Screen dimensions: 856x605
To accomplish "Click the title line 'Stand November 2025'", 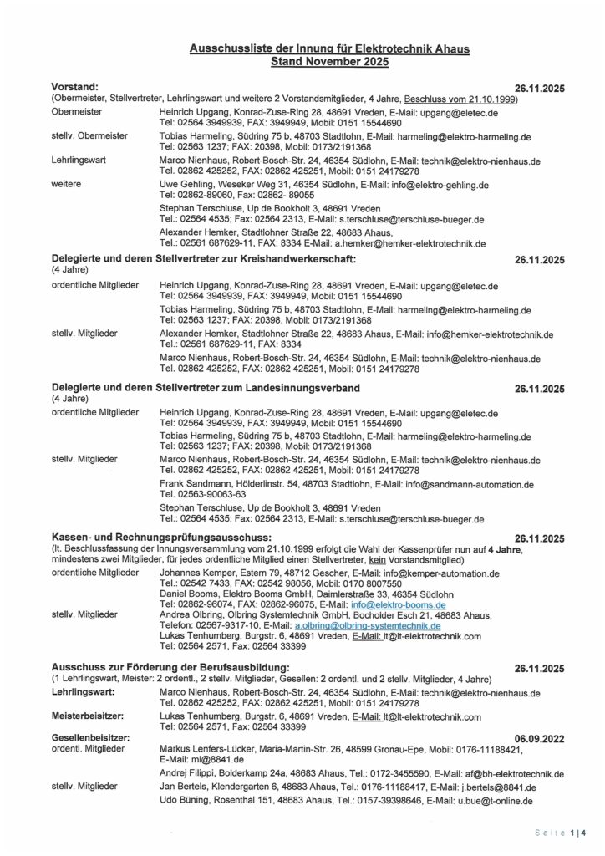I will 329,62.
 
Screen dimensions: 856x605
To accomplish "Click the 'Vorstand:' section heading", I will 75,87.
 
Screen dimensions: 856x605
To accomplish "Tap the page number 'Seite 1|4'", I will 561,833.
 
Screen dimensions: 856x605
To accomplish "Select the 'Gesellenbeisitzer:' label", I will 90,738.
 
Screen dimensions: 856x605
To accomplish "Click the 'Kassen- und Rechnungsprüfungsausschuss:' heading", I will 161,536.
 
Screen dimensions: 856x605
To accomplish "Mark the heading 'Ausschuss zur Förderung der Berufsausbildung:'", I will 170,668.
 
